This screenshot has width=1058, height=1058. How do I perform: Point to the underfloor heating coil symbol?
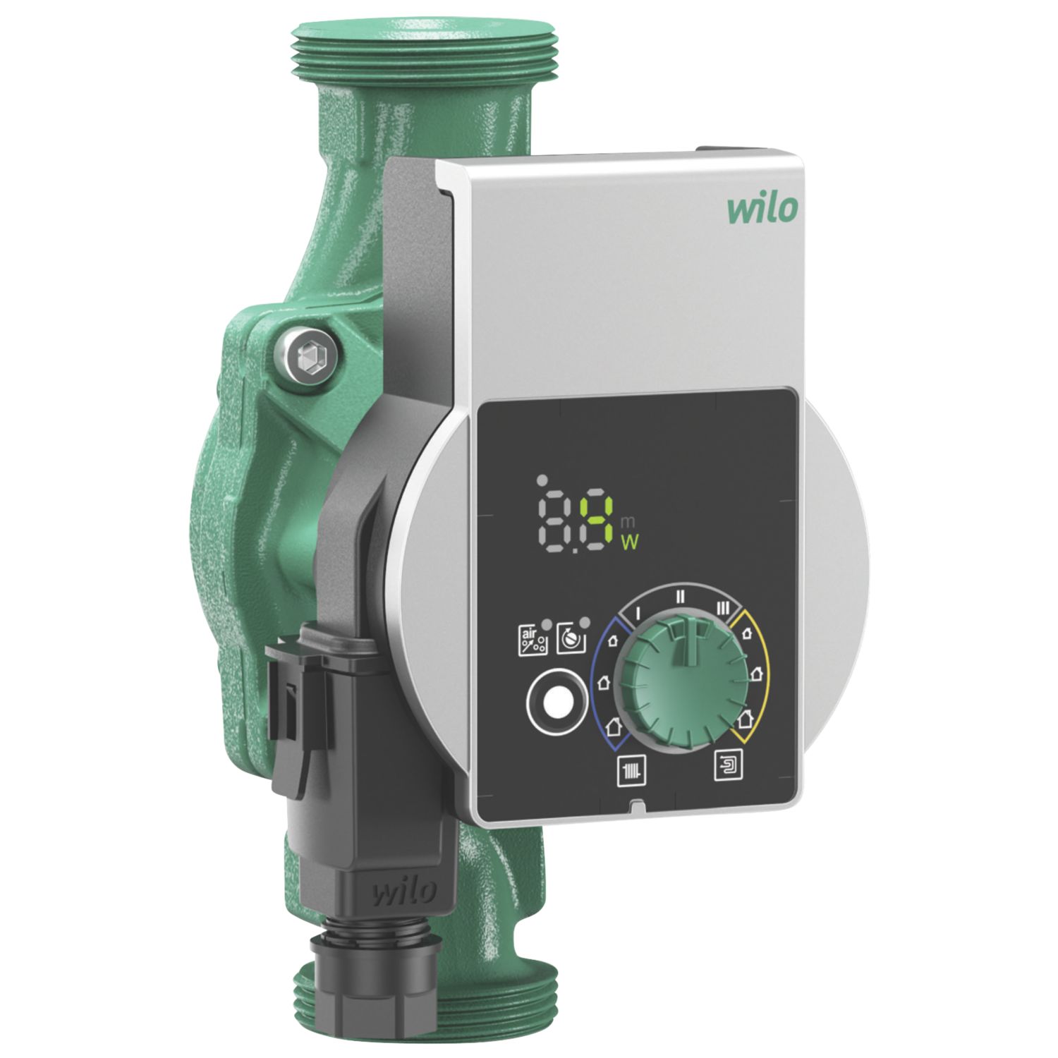pos(726,764)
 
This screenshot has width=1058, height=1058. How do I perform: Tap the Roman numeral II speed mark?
pos(680,595)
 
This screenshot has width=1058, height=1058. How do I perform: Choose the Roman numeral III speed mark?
pos(722,607)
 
